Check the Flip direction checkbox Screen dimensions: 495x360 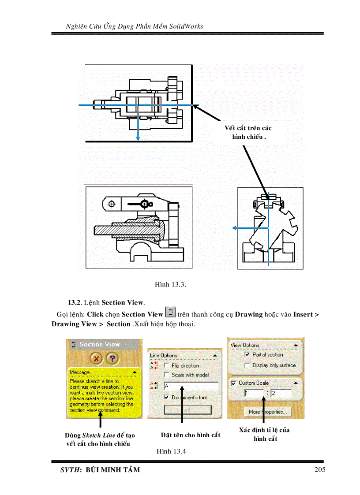click(x=167, y=365)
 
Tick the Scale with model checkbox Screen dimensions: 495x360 click(x=167, y=375)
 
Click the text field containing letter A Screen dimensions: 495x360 click(x=191, y=386)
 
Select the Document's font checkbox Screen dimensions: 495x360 click(x=167, y=397)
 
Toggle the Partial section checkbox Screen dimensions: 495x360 click(x=247, y=354)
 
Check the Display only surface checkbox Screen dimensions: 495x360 click(x=247, y=365)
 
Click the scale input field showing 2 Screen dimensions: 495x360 click(x=281, y=393)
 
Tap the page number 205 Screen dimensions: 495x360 click(x=320, y=469)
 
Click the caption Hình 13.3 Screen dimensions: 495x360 click(x=170, y=285)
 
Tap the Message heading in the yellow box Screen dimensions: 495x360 click(x=80, y=372)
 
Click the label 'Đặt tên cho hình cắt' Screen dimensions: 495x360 click(x=191, y=435)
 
